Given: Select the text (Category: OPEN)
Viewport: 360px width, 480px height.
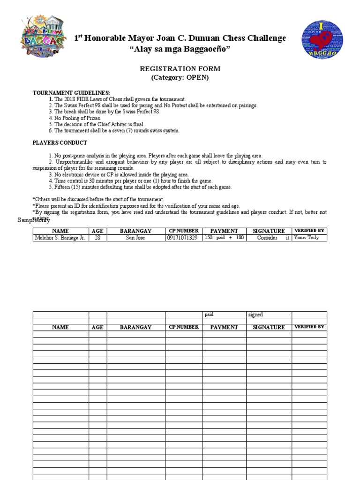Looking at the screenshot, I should click(180, 78).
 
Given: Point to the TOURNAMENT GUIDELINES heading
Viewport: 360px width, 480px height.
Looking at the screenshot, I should click(71, 93).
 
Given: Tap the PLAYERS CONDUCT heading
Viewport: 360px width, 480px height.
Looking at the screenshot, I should click(60, 142).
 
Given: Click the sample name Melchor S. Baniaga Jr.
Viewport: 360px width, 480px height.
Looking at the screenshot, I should click(60, 238).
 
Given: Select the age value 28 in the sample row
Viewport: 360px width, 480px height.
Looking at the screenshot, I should click(97, 238).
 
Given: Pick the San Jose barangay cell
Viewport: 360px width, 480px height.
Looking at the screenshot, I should click(136, 238).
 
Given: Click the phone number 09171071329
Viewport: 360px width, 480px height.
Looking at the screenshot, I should click(184, 238).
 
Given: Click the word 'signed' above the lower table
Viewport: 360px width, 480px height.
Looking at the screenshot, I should click(255, 315).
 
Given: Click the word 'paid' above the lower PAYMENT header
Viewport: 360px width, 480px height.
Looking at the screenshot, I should click(209, 315).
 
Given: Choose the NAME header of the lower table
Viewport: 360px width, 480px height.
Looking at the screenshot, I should click(60, 327).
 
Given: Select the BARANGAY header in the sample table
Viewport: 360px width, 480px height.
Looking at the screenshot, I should click(136, 231).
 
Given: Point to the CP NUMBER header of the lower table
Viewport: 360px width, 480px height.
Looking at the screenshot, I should click(184, 327).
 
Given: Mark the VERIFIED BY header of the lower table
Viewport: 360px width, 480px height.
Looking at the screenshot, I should click(309, 327).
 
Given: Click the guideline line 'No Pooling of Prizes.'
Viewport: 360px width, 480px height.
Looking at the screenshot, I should click(77, 119).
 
